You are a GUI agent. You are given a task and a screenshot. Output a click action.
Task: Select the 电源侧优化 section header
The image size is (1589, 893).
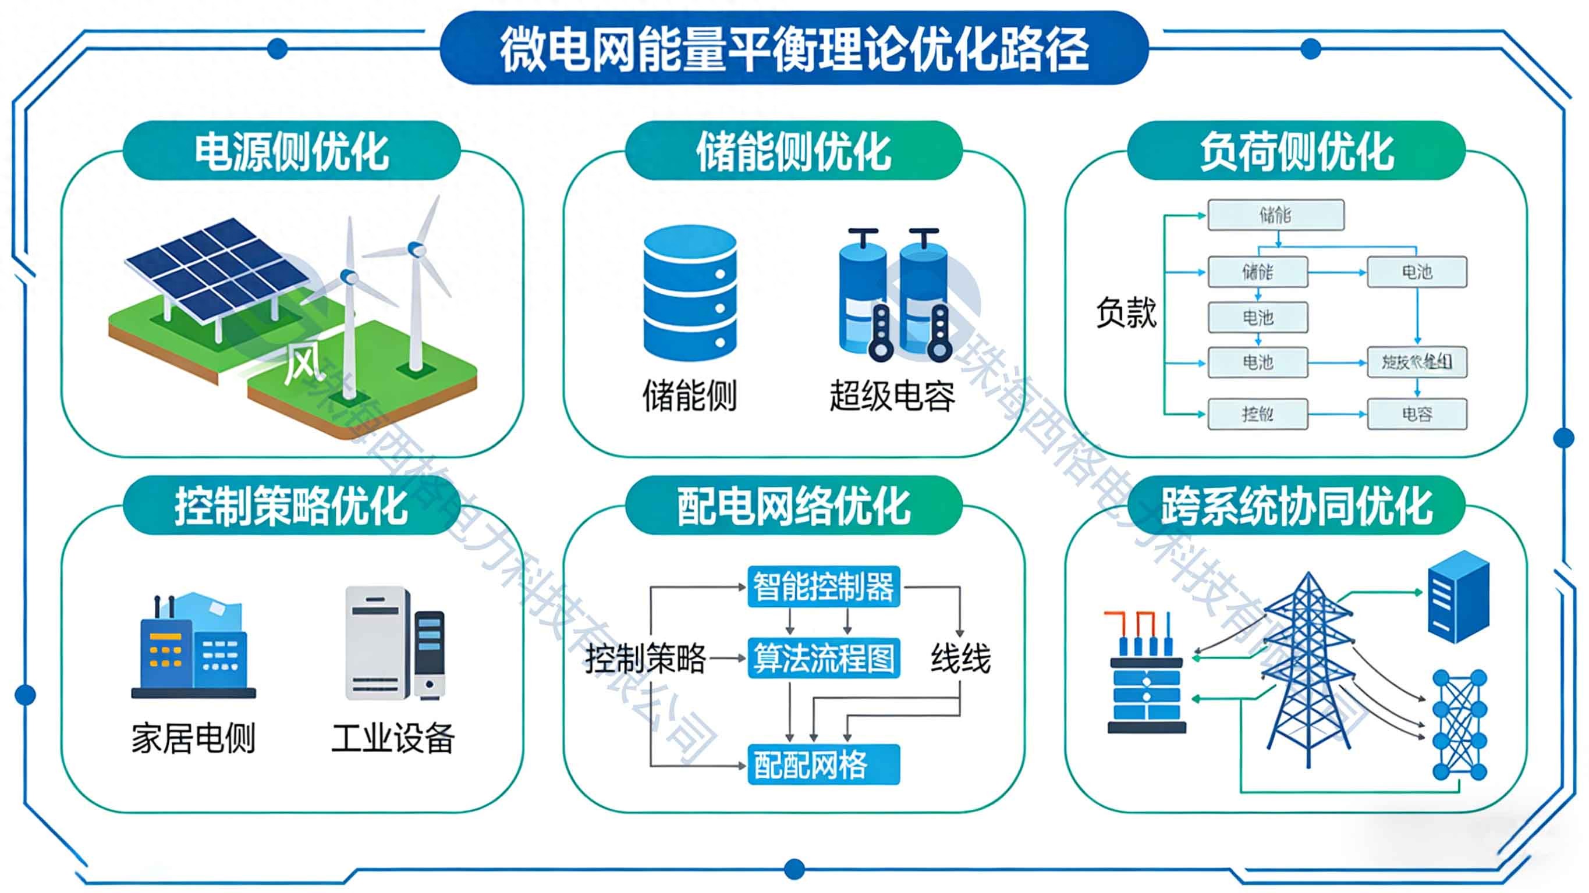pos(292,151)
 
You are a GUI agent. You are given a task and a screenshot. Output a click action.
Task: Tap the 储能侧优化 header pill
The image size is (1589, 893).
pos(794,151)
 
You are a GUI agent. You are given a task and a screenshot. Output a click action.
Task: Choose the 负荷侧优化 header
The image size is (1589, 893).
pos(1296,151)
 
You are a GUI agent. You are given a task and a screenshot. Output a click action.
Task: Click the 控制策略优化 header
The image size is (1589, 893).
pos(292,506)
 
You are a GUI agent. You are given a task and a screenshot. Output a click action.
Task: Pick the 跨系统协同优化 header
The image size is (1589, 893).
pos(1296,506)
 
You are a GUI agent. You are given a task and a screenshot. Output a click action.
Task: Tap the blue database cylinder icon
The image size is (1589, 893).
pos(690,293)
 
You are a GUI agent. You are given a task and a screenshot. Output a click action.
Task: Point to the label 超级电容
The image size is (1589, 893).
pos(892,396)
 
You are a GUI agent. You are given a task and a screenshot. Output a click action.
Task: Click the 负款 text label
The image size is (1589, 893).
pos(1126,312)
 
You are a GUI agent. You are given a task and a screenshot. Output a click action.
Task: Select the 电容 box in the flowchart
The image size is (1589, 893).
pos(1417,414)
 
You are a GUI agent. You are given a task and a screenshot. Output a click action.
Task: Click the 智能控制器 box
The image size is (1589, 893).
pos(824,586)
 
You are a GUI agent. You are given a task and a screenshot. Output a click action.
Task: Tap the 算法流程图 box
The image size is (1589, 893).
pos(824,659)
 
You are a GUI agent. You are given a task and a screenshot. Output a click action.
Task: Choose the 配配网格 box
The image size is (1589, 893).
pos(824,765)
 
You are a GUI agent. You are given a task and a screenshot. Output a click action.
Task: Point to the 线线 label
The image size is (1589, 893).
pos(960,659)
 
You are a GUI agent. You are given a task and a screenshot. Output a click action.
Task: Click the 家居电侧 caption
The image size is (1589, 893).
pos(193,738)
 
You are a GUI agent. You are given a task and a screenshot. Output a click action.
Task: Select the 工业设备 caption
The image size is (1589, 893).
pos(393,738)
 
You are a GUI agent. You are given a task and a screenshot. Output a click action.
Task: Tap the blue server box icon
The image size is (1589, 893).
pos(1459,596)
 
